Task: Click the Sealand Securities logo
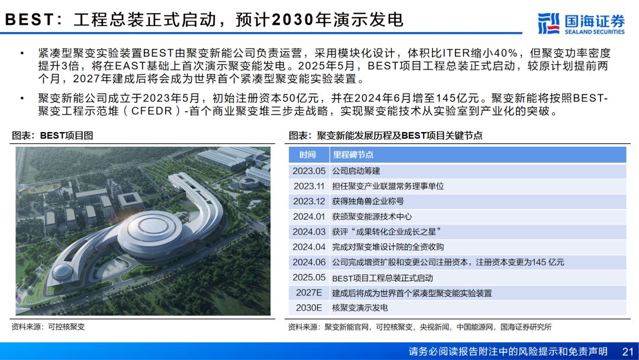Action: (x=581, y=24)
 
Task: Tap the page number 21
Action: (x=628, y=352)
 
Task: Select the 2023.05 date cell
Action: (x=309, y=171)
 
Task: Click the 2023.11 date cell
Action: (x=309, y=187)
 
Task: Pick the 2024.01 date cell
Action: (x=309, y=217)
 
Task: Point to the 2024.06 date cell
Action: (x=309, y=262)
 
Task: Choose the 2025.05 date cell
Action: (x=309, y=278)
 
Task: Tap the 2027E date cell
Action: (x=309, y=292)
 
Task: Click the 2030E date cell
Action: (x=309, y=308)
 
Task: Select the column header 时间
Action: (x=308, y=155)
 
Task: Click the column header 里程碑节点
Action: (x=353, y=155)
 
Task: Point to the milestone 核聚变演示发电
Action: (x=360, y=308)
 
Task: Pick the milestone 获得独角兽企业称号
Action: (x=368, y=201)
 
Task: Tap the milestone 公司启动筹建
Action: (x=356, y=171)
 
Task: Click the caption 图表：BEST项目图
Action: (x=52, y=136)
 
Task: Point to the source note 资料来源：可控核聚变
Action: (x=48, y=327)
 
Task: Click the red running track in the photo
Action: (x=40, y=188)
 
